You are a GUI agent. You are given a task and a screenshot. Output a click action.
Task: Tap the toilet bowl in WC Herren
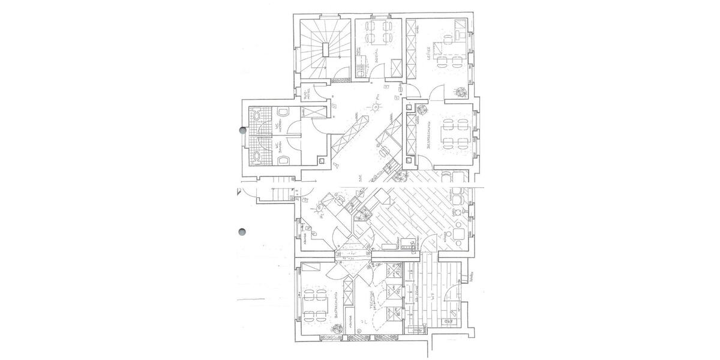tap(285, 113)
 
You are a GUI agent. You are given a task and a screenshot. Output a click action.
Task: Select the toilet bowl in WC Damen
tap(285, 160)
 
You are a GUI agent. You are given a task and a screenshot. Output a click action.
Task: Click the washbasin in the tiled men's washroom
tap(257, 115)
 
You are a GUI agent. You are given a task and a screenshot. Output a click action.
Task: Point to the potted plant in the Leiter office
tap(461, 91)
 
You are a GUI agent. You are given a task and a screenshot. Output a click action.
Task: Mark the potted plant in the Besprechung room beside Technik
tap(332, 329)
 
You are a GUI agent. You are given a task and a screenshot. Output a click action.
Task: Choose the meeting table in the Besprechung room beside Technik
tap(314, 305)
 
